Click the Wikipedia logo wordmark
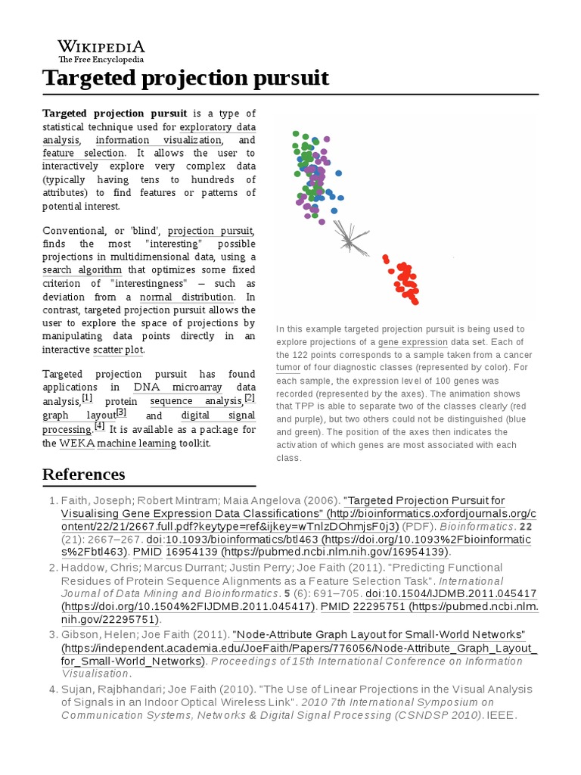tap(101, 46)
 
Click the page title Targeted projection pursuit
tap(185, 78)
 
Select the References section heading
tap(84, 475)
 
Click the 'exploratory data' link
tap(217, 126)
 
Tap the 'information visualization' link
tap(159, 140)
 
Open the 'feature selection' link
tap(83, 154)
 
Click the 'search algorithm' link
tap(82, 270)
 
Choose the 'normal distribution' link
tap(187, 297)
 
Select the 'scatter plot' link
tap(117, 350)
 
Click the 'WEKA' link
tap(76, 443)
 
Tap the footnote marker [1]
tap(87, 397)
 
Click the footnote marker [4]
tap(99, 425)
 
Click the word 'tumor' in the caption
tap(288, 368)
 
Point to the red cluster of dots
tap(403, 280)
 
